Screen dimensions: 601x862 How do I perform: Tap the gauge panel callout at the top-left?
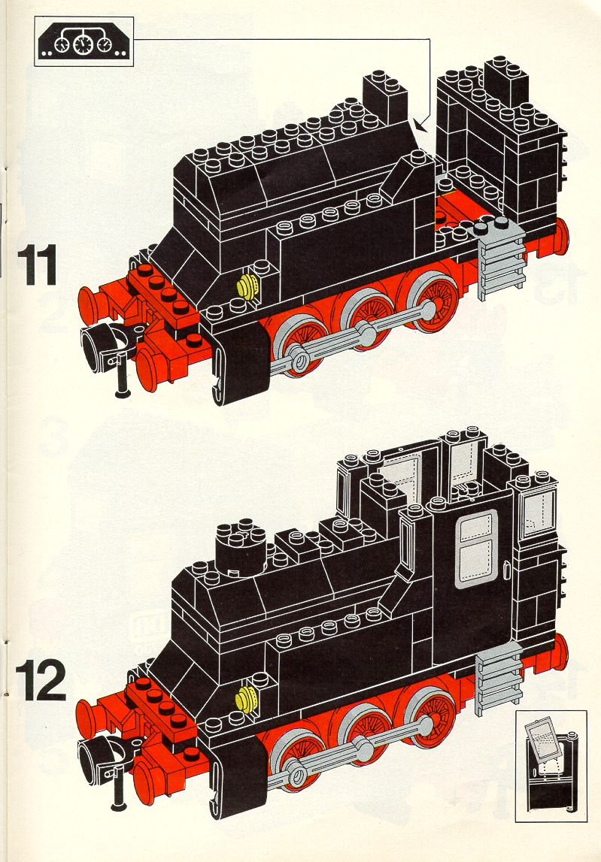(84, 41)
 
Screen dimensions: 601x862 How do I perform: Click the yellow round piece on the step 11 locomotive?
(247, 286)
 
